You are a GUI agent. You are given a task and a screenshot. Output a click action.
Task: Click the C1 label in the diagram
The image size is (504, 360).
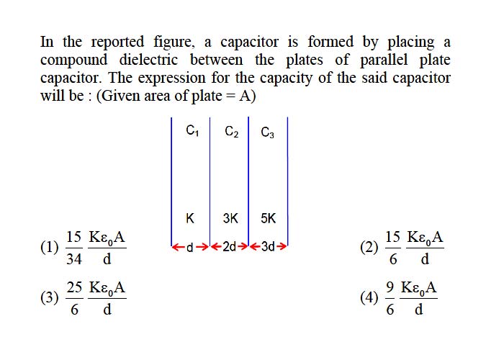[192, 131]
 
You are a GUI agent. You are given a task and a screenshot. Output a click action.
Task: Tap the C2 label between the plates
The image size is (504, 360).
[231, 132]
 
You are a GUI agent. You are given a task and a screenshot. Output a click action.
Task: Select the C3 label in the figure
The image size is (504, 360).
[267, 132]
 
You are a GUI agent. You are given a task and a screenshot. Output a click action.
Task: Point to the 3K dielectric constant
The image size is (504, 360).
[230, 219]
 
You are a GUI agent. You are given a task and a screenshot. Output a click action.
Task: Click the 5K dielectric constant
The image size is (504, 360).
[268, 219]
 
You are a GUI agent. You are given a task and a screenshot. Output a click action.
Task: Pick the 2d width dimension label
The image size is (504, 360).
[230, 247]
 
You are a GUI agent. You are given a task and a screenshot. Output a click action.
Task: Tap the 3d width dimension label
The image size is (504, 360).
[268, 247]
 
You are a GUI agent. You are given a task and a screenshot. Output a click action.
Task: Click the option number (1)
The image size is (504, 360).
[50, 248]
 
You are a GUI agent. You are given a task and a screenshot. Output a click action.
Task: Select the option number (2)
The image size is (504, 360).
[369, 248]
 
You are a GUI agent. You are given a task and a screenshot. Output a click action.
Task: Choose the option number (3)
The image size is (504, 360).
[50, 297]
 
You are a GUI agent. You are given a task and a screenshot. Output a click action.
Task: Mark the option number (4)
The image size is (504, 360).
[369, 297]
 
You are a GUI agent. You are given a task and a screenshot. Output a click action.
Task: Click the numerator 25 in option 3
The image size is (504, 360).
[74, 287]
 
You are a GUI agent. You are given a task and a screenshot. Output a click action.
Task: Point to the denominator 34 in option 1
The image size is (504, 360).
[74, 258]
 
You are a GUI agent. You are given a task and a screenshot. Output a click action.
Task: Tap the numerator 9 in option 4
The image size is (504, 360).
[390, 287]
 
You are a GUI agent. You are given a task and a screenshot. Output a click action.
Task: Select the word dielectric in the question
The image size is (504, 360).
[148, 60]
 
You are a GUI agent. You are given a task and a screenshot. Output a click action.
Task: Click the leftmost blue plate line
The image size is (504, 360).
[171, 181]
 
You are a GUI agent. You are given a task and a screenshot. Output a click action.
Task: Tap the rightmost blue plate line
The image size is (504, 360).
[287, 181]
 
